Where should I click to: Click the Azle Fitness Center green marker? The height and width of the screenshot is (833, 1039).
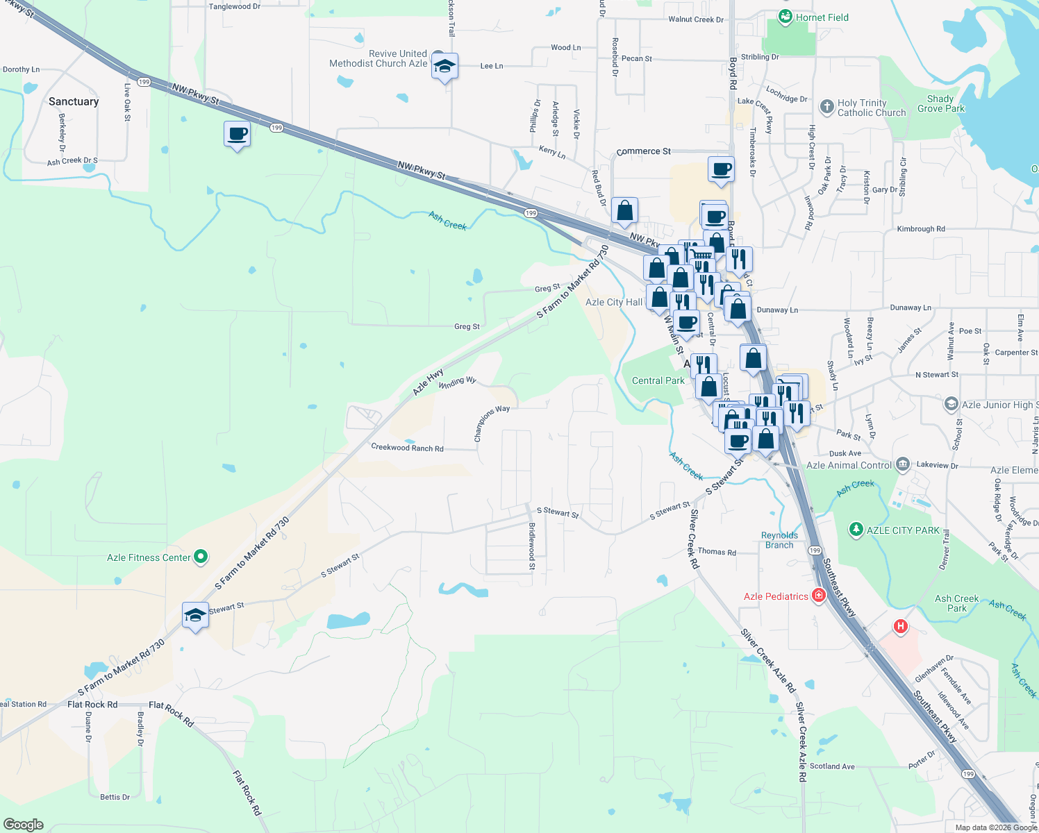click(201, 557)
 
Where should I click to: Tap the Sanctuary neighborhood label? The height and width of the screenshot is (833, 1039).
click(74, 101)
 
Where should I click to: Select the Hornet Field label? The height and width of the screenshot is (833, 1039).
click(822, 17)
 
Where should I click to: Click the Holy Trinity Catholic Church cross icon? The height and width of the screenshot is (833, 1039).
click(826, 107)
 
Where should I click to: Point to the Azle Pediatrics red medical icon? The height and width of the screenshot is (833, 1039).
click(819, 596)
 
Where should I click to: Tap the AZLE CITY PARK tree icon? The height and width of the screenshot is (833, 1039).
click(856, 530)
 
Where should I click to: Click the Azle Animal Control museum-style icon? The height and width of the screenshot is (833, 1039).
click(902, 464)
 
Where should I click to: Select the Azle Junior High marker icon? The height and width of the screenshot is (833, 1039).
click(951, 404)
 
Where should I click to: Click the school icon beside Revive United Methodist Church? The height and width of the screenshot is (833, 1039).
click(444, 67)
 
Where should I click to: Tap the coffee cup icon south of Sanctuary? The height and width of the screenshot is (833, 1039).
click(237, 133)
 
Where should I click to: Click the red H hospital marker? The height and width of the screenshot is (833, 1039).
click(901, 626)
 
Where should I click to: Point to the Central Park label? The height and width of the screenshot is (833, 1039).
click(658, 380)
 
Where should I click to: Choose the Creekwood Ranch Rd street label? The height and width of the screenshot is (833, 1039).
click(407, 448)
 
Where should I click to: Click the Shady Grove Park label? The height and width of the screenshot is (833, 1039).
click(940, 103)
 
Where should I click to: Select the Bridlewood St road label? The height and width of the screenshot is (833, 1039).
click(532, 546)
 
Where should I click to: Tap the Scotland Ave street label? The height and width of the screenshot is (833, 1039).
click(832, 766)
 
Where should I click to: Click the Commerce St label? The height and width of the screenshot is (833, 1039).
click(643, 151)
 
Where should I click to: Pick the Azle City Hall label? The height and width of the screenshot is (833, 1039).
click(614, 302)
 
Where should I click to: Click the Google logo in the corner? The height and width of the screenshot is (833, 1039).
click(24, 824)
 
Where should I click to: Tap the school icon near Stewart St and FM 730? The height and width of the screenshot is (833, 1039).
click(195, 615)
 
